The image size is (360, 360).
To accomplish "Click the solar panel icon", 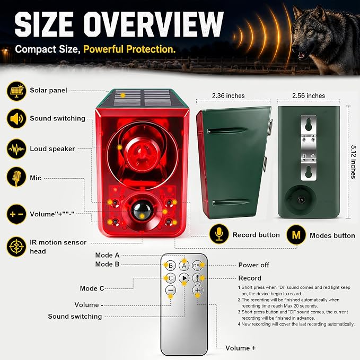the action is click(16, 91).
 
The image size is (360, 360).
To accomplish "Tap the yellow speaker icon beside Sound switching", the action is click(16, 119).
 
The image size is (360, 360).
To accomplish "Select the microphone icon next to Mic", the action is click(16, 177).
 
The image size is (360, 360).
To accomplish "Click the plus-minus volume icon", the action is click(16, 214).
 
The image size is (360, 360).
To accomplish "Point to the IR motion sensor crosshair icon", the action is click(16, 247).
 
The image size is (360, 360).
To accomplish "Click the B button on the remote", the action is click(171, 266).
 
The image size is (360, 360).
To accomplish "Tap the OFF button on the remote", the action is click(197, 266).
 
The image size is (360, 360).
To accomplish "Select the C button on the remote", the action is click(171, 278).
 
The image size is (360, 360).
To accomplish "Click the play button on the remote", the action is click(184, 278).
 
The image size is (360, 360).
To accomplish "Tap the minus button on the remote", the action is click(171, 290).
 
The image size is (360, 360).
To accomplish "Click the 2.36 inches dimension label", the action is click(228, 96).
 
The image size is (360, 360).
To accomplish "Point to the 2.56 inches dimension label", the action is click(309, 96).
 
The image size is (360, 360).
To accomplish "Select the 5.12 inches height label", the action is click(353, 162).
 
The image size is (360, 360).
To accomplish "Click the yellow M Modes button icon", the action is click(296, 235).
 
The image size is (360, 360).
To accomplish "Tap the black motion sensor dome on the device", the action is click(142, 210).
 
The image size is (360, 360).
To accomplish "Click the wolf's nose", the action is click(295, 48).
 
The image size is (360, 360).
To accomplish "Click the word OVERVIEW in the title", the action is click(153, 24).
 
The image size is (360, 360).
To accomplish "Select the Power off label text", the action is click(254, 265).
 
